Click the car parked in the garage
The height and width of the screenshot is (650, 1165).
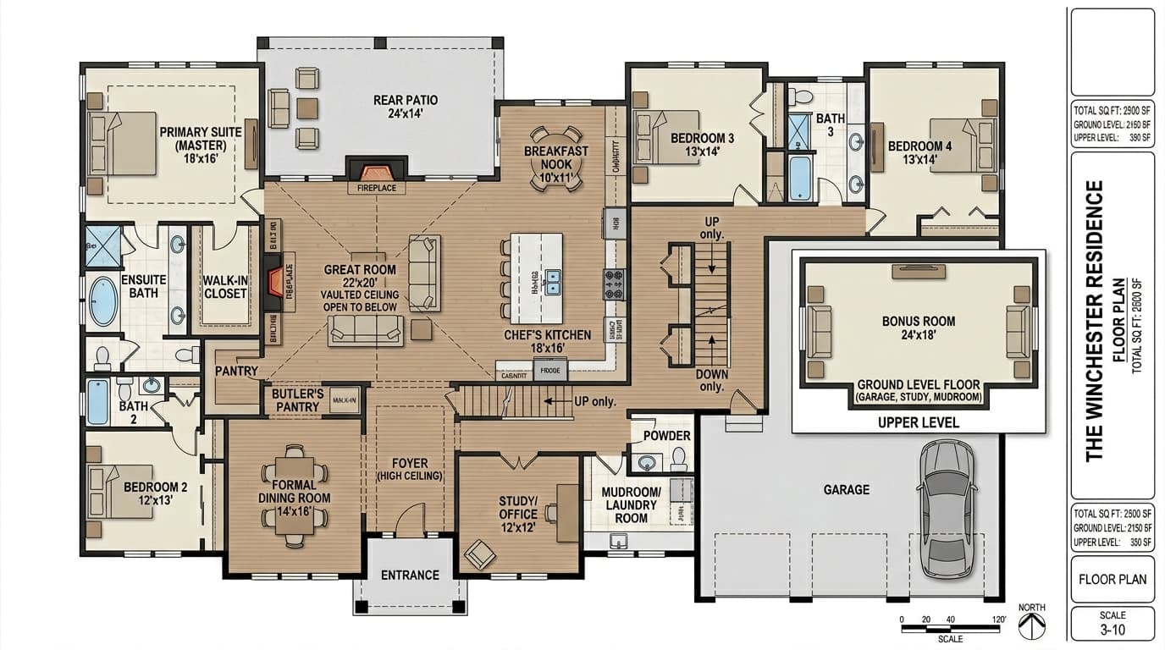tap(947, 509)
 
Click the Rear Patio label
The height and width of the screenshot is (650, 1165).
tap(406, 107)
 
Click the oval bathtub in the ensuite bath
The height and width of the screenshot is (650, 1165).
tap(103, 301)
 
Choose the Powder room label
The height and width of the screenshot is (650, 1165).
tap(667, 436)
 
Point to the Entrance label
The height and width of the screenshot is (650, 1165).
tap(410, 575)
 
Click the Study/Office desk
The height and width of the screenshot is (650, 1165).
tap(567, 512)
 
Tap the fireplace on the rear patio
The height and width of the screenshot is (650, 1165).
tap(377, 168)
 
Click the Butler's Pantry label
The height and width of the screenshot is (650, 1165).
tap(297, 400)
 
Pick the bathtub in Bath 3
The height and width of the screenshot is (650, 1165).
tap(800, 178)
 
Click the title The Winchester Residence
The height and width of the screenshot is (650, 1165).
tap(1095, 320)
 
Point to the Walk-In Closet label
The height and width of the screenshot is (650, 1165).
tap(225, 287)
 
